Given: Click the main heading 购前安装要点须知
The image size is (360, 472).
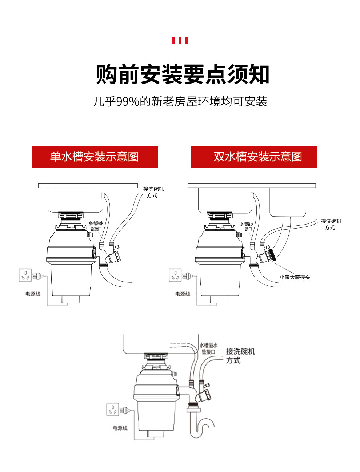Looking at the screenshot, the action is [183, 74].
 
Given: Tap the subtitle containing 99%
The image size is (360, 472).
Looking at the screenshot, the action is [180, 101].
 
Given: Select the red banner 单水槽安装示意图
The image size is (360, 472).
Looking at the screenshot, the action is [95, 157].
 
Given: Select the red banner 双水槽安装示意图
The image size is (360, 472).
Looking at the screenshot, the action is [254, 157].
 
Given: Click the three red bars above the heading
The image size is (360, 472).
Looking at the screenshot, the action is [180, 41].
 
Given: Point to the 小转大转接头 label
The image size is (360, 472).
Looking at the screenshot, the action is [295, 277].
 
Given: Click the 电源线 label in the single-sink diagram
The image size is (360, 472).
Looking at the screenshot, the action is [33, 294].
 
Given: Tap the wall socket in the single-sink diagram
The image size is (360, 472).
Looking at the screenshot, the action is [25, 275].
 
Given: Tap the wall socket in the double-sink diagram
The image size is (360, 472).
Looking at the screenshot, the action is [175, 275].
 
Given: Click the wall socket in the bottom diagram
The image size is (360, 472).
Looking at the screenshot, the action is [112, 410].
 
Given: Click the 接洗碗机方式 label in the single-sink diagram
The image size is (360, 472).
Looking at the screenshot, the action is [153, 192].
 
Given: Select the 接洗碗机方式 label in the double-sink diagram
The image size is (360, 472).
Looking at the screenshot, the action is [331, 224].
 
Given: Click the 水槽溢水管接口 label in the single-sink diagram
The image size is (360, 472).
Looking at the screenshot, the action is [96, 226].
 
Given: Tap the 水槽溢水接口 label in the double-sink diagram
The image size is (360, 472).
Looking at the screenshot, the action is [247, 226].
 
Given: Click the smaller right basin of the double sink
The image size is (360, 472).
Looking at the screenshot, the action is [288, 202].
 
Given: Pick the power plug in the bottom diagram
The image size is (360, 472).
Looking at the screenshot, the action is [125, 410].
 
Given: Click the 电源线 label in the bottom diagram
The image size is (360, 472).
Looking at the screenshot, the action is [120, 428].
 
